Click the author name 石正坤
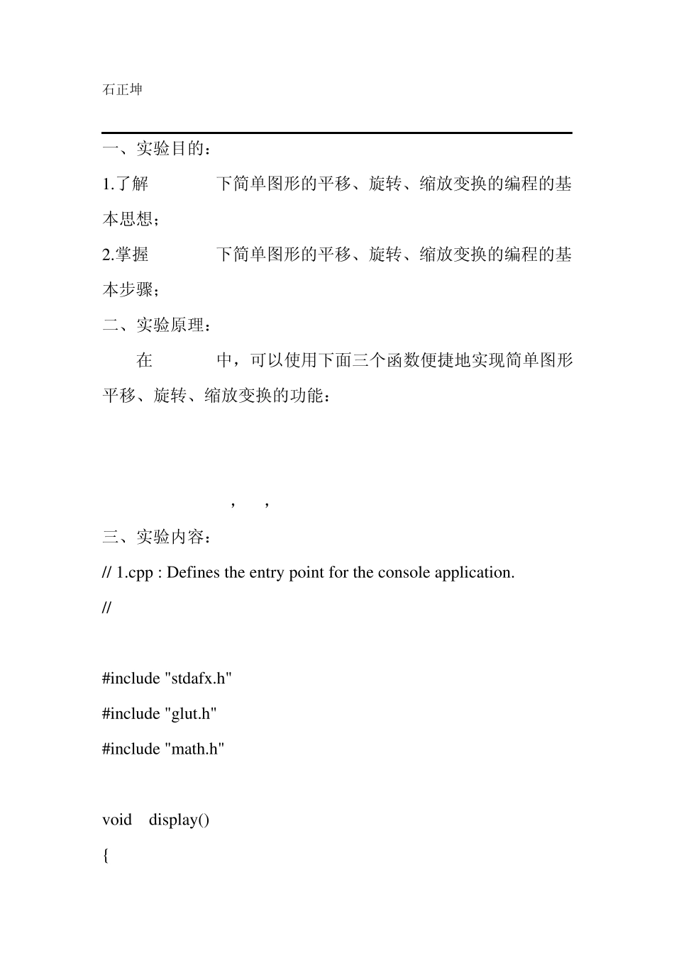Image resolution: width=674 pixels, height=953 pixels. point(122,89)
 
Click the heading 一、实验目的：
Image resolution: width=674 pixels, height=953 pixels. point(157,149)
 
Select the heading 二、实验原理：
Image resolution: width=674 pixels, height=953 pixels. point(157,325)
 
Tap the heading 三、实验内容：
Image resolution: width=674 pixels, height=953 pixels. point(157,537)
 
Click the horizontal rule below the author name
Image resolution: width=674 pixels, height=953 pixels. point(337,133)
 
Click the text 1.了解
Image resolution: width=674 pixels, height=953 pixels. point(126,184)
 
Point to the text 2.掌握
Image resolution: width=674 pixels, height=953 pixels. point(126,255)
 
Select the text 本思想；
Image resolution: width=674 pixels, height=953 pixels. point(131,220)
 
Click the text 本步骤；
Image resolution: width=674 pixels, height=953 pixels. point(131,290)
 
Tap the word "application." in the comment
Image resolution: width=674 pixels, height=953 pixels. point(474,573)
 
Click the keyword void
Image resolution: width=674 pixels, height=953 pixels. point(117,820)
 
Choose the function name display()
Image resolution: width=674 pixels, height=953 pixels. point(179,820)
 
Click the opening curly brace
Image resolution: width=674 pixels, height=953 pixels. point(106,855)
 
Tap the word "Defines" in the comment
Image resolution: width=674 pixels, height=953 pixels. point(194,573)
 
